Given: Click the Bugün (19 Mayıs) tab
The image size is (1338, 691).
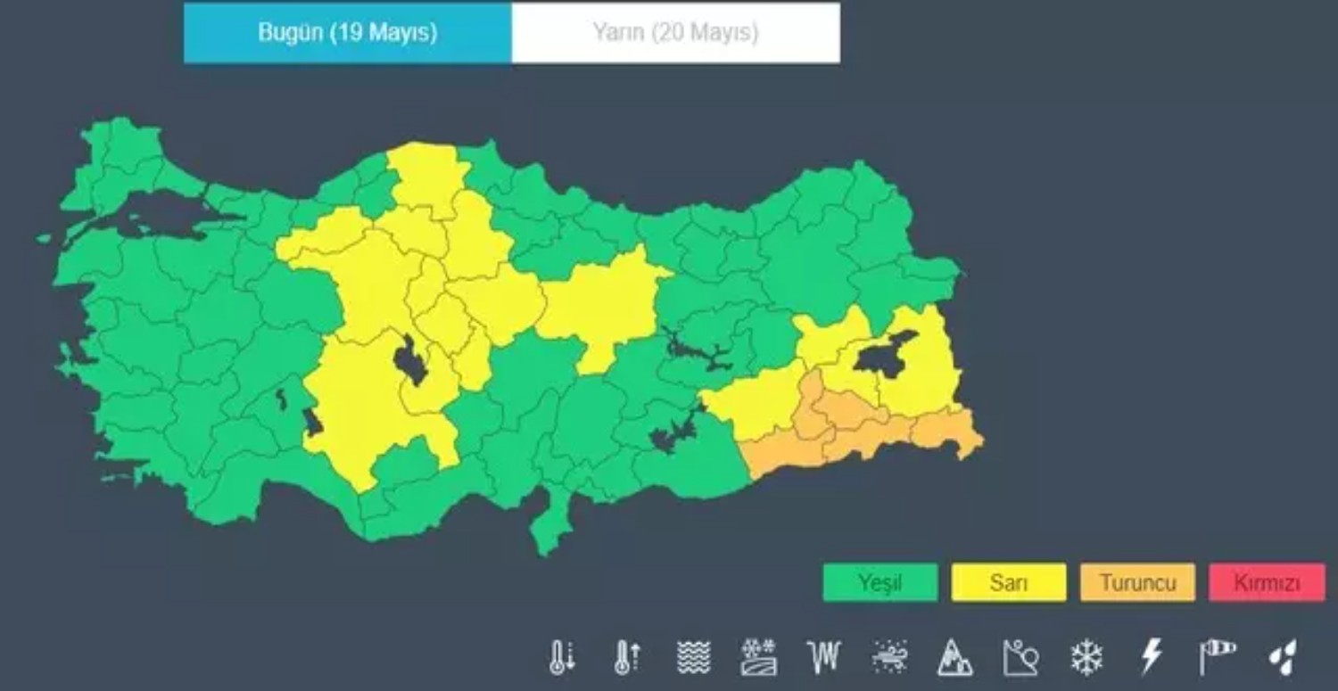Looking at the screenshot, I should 348,33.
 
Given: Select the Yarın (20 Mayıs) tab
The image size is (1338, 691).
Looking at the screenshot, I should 675,33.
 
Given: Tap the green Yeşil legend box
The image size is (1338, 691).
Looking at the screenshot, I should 880,583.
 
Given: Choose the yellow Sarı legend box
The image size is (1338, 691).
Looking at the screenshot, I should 1008,583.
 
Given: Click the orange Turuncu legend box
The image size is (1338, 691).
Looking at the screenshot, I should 1137,583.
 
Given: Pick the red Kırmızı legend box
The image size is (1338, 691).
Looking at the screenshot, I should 1267,583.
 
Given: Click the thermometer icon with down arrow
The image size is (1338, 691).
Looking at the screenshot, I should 562,658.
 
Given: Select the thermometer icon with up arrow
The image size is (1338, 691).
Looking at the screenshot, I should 627,658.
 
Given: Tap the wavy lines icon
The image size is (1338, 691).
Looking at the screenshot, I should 693,658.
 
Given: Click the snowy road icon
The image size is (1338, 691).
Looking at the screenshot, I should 759,658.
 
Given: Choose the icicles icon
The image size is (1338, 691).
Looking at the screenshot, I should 824,658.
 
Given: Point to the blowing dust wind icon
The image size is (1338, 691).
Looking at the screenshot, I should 890,658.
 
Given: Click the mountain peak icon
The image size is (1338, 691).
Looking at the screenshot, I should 954,658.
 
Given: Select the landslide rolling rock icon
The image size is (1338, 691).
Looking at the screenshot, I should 1020,658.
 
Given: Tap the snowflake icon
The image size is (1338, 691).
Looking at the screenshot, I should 1086,658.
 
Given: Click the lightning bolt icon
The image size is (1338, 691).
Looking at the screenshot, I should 1152,658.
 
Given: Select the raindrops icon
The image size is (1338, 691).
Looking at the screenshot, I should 1283,658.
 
